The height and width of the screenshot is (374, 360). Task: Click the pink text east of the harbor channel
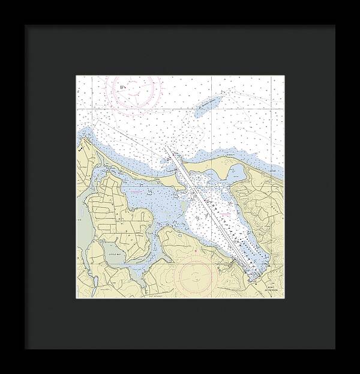[225, 213]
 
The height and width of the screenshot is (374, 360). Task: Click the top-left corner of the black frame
[25, 25]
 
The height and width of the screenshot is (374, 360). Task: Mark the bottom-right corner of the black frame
[335, 348]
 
